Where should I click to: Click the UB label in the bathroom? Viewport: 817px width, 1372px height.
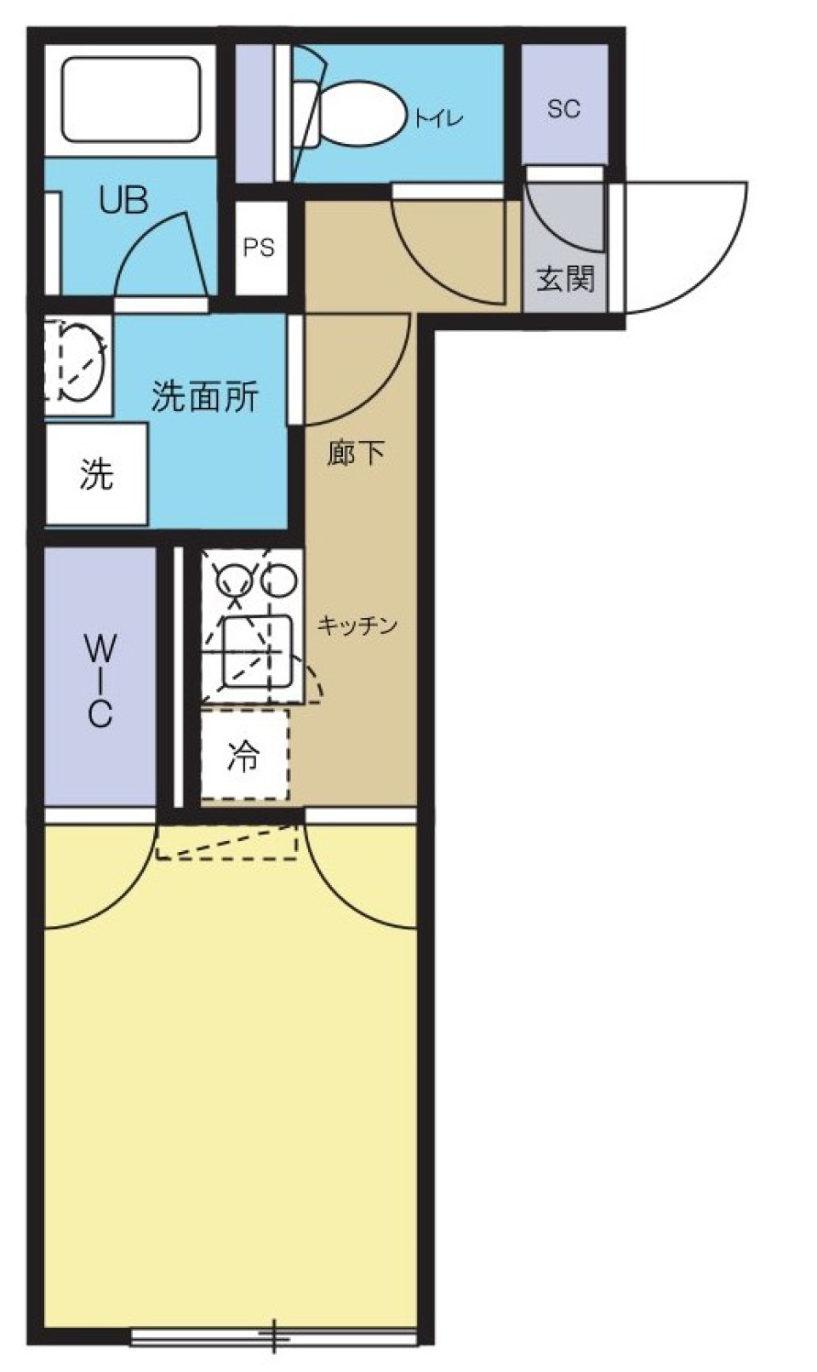coord(123,200)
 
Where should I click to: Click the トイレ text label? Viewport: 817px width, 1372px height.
coord(439,117)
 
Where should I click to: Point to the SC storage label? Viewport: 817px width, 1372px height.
coord(563,109)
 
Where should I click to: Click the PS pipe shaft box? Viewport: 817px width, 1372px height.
coord(259,248)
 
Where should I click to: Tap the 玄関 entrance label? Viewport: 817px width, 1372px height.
coord(564,278)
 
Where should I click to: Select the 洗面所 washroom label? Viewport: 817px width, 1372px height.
coord(204,396)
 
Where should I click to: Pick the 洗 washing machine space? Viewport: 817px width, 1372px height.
coord(96,474)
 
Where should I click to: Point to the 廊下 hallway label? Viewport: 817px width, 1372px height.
coord(356,453)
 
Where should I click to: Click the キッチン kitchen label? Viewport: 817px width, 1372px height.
coord(357,626)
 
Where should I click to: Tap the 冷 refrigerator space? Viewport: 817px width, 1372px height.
coord(244,755)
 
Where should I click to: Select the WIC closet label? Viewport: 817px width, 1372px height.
coord(100,680)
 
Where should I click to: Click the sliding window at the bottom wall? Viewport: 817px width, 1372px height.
coord(274,1336)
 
